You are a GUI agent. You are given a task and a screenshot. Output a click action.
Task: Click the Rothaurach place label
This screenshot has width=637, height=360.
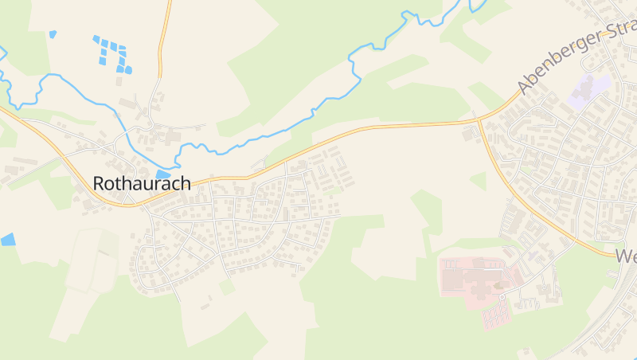[x=142, y=183]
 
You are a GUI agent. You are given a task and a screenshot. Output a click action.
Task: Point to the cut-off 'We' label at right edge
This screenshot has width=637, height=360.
[x=625, y=256]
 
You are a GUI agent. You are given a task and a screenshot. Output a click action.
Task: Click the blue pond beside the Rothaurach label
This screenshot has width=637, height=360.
[x=163, y=174]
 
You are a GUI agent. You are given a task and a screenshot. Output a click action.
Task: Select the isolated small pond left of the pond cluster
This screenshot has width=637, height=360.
[x=53, y=34]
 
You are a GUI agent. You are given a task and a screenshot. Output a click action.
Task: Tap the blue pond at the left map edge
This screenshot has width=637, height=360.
[x=8, y=239]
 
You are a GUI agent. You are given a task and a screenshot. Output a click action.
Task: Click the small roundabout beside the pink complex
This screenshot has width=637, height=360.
[x=502, y=298]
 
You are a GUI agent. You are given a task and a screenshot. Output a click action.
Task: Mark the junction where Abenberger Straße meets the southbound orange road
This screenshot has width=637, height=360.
[x=480, y=122]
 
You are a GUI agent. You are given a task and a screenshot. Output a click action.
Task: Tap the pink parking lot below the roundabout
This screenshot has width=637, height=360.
[x=495, y=316]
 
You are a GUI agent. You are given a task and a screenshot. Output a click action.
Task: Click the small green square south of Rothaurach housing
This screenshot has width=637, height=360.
[x=227, y=286]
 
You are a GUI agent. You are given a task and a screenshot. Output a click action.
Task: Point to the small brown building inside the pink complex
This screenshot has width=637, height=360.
[x=500, y=284]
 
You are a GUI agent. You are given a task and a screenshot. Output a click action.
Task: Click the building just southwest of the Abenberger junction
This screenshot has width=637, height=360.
[x=467, y=135]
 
